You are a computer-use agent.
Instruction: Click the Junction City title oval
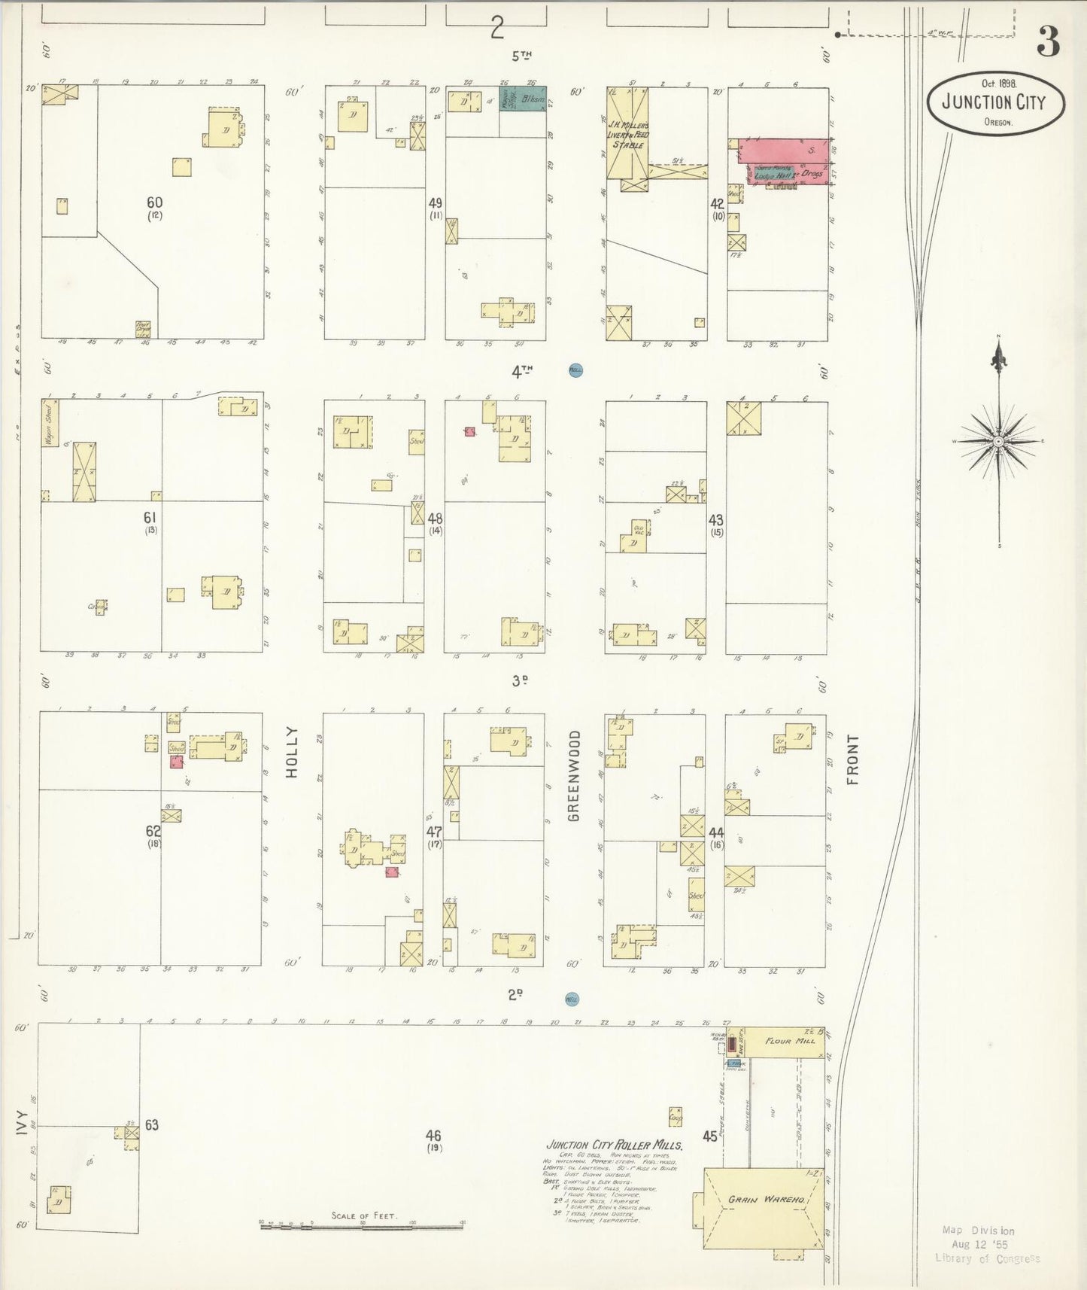click(994, 103)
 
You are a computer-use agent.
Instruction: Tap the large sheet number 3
click(1048, 42)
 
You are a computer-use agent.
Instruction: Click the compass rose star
click(998, 441)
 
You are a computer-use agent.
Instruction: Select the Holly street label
click(292, 751)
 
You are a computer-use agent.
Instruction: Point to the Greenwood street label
click(574, 774)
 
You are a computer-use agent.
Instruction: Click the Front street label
click(852, 759)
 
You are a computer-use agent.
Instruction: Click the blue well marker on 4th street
click(575, 370)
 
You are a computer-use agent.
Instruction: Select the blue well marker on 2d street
click(572, 999)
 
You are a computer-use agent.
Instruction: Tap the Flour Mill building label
click(788, 1041)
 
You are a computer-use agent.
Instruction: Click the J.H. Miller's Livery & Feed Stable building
click(627, 135)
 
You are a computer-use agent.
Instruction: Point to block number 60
click(154, 202)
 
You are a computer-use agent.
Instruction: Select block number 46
click(433, 1136)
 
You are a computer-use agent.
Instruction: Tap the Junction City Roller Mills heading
click(614, 1145)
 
